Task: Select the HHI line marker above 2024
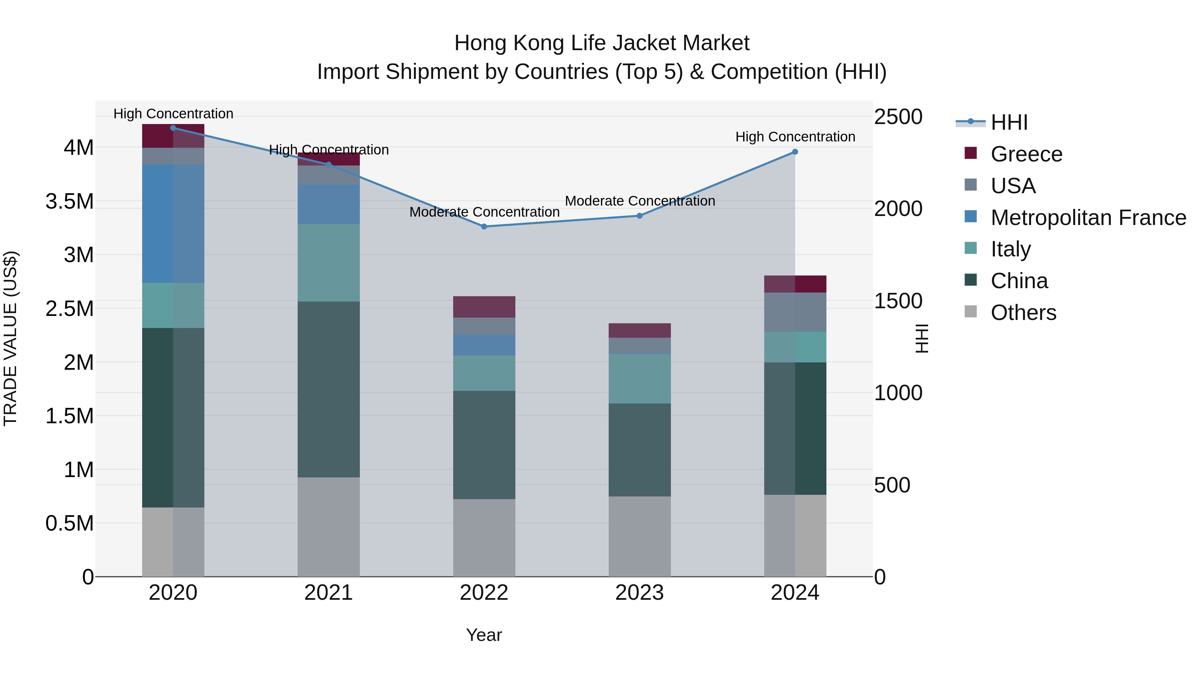[795, 152]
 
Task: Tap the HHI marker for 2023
[639, 216]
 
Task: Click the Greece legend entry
[1026, 154]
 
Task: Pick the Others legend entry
[1023, 313]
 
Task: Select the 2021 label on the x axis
[328, 593]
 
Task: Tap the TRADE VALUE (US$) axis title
[11, 338]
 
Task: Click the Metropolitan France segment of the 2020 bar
[173, 223]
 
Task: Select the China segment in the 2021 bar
[328, 389]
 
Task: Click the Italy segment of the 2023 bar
[639, 378]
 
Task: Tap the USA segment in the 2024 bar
[795, 312]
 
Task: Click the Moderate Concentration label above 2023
[639, 201]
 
